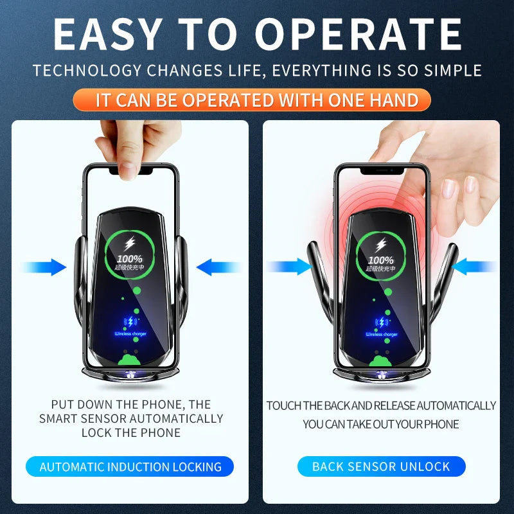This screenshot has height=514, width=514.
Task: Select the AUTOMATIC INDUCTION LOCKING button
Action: click(130, 467)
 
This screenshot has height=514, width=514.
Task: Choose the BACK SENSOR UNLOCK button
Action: click(381, 467)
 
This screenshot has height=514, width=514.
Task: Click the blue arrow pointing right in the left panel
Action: click(45, 267)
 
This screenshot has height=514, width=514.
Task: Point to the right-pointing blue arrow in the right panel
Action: click(289, 267)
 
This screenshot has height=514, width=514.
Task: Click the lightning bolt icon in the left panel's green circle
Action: click(130, 245)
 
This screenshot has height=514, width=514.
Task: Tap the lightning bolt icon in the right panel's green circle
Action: click(382, 245)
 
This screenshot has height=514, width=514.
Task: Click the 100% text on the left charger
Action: click(130, 259)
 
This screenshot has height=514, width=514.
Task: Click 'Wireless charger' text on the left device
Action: click(130, 334)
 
